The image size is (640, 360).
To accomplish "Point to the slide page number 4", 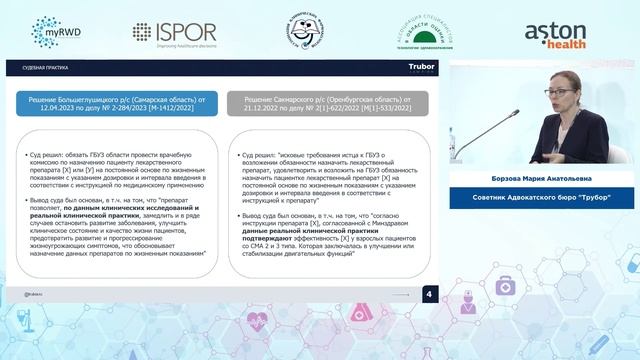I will pos(429,294).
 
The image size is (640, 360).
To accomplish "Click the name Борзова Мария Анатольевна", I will pos(543,181).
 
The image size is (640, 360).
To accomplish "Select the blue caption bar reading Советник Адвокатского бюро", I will pos(543,196).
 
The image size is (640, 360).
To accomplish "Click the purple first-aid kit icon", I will pos(505,287).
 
